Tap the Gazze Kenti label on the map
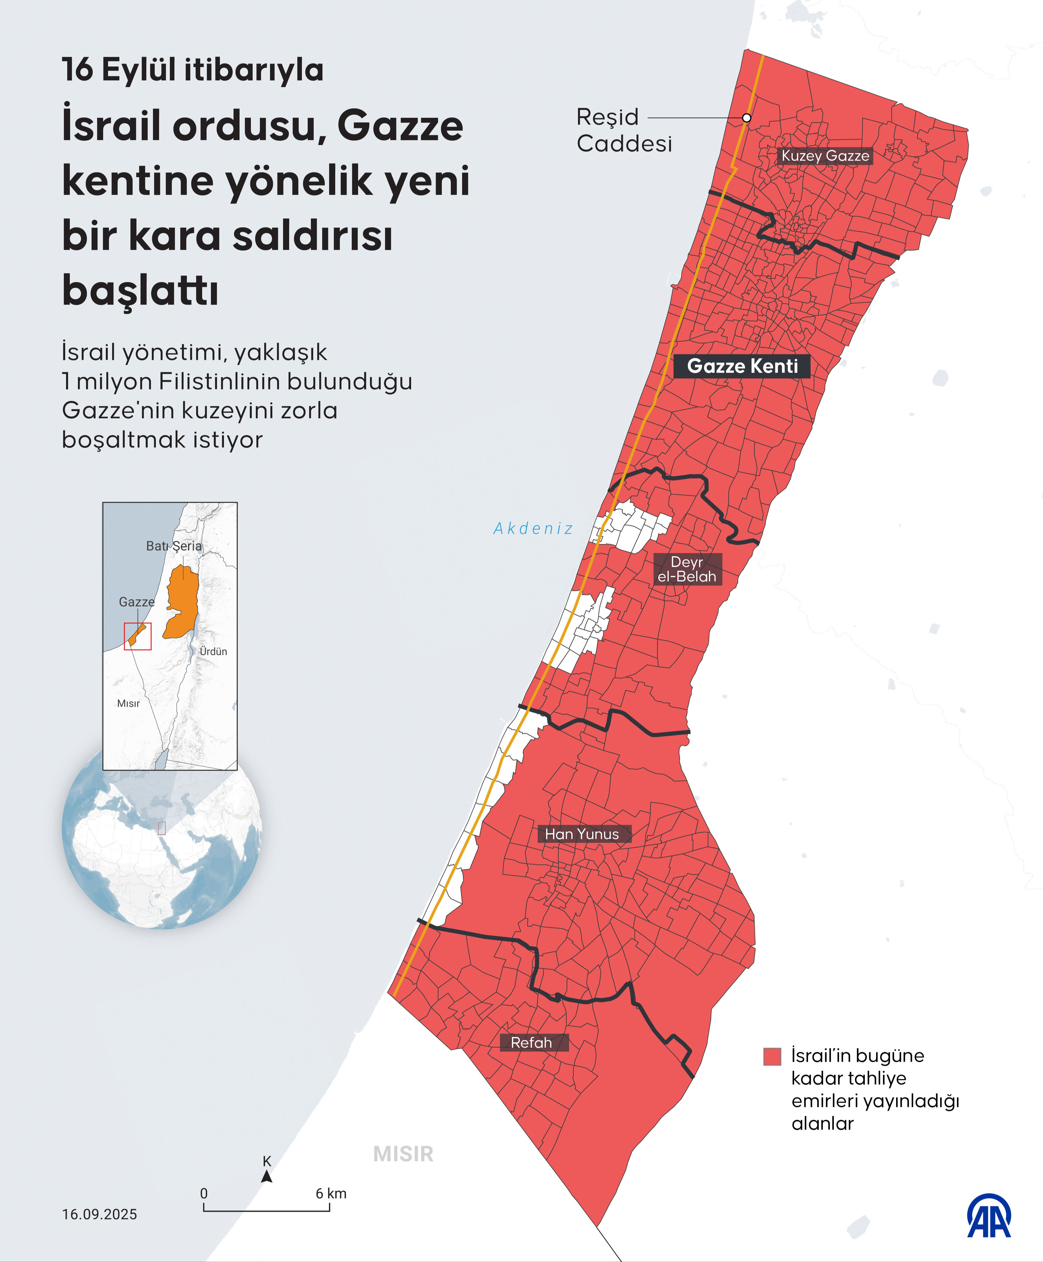[x=742, y=366]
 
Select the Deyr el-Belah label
[x=687, y=569]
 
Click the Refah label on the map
[x=531, y=1043]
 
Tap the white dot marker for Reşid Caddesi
[x=746, y=118]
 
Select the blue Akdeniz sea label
[x=533, y=528]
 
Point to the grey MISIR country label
[x=403, y=1154]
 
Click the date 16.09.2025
[x=100, y=1214]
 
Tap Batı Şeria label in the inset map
[x=174, y=546]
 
